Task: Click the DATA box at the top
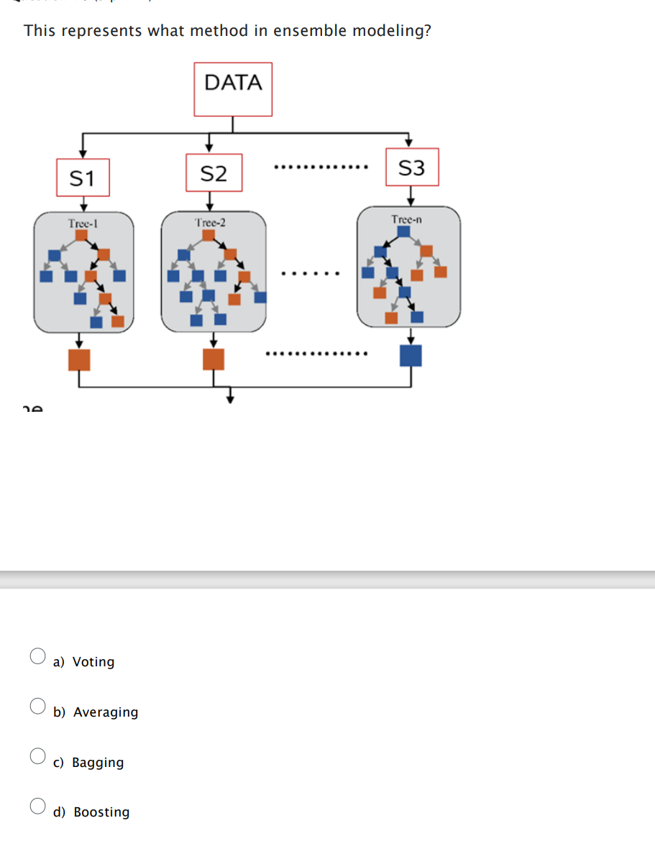point(233,89)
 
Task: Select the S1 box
point(83,178)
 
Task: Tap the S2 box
point(214,173)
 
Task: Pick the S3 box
point(411,167)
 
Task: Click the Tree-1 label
point(83,223)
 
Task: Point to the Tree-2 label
point(210,222)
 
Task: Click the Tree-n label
point(406,219)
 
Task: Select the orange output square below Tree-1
point(79,359)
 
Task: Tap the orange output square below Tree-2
point(214,359)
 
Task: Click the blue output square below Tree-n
point(411,355)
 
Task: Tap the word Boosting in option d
point(101,812)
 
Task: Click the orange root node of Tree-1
point(81,234)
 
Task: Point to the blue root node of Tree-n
point(404,231)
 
